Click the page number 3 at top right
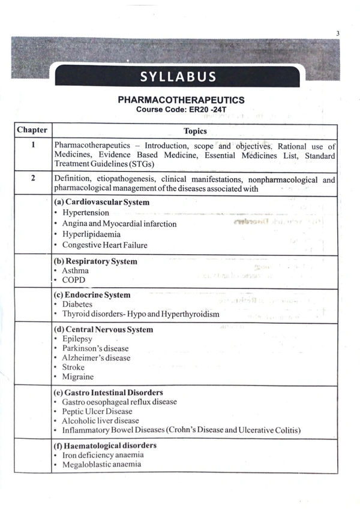click(x=338, y=33)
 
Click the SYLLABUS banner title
click(x=178, y=77)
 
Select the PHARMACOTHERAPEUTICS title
click(x=181, y=100)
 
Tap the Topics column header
click(x=195, y=131)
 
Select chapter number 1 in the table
click(x=33, y=145)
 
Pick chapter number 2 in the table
click(x=33, y=177)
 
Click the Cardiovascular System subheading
click(x=101, y=202)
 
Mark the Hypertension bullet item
click(x=85, y=213)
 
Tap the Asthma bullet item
click(x=75, y=271)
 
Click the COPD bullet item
click(x=73, y=280)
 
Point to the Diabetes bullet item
click(x=77, y=305)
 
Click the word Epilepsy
click(x=77, y=339)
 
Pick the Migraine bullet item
click(x=77, y=377)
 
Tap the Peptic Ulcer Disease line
click(x=97, y=411)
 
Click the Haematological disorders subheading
click(x=105, y=445)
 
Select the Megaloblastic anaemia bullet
click(x=101, y=464)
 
